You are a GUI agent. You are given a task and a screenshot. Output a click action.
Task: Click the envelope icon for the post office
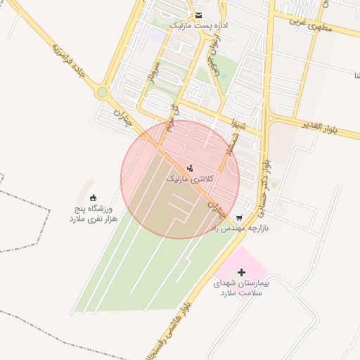coord(199,15)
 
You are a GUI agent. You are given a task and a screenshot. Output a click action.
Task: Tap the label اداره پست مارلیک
coord(200,25)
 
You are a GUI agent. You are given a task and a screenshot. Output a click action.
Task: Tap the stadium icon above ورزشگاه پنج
coord(94,198)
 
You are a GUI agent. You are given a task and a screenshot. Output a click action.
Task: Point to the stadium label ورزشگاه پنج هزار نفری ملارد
coord(94,214)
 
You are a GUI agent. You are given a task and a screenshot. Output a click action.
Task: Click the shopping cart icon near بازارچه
coord(240,217)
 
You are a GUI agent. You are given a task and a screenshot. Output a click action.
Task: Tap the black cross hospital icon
coord(242,271)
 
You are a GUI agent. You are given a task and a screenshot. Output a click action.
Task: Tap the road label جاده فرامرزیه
coord(68,60)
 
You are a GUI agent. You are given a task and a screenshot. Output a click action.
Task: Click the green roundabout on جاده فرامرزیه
coord(103,91)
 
